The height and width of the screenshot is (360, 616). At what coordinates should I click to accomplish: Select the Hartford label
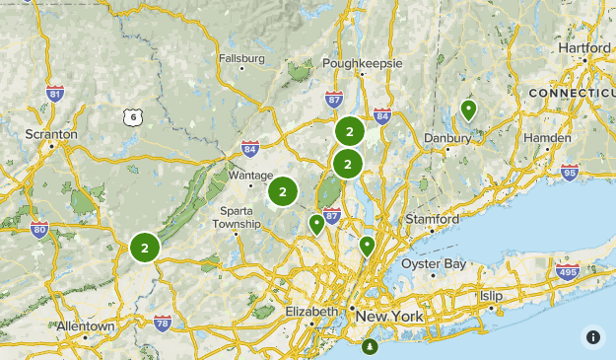(583, 47)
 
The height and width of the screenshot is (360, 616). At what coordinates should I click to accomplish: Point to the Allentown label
(86, 325)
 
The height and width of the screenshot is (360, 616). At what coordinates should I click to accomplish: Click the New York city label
(388, 316)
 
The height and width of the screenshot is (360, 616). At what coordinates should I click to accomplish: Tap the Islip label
(491, 296)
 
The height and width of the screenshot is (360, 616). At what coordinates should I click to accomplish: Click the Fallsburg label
(242, 58)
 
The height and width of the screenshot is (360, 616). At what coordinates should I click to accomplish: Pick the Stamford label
(433, 218)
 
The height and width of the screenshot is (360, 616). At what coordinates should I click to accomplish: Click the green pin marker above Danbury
(469, 109)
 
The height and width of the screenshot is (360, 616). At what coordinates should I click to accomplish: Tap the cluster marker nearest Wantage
(283, 192)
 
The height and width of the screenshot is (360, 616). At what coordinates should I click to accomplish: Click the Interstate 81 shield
(55, 95)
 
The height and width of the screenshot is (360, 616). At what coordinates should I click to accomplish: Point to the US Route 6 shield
(132, 117)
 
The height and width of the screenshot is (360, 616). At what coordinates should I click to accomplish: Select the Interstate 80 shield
(39, 231)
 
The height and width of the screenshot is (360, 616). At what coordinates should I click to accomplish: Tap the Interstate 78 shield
(163, 322)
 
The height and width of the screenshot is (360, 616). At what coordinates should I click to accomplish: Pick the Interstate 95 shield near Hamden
(569, 173)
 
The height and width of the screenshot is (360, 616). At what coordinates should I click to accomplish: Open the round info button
(593, 336)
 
